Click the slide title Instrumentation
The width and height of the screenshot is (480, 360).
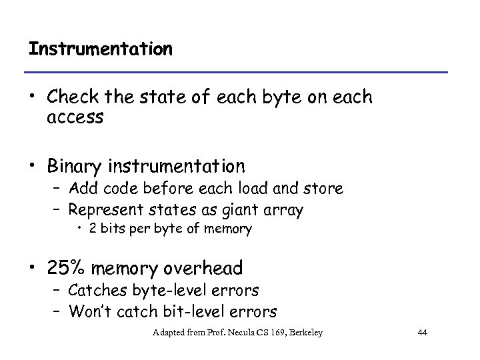[101, 50]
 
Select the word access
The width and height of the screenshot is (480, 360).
[75, 118]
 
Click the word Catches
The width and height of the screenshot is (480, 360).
[96, 291]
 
